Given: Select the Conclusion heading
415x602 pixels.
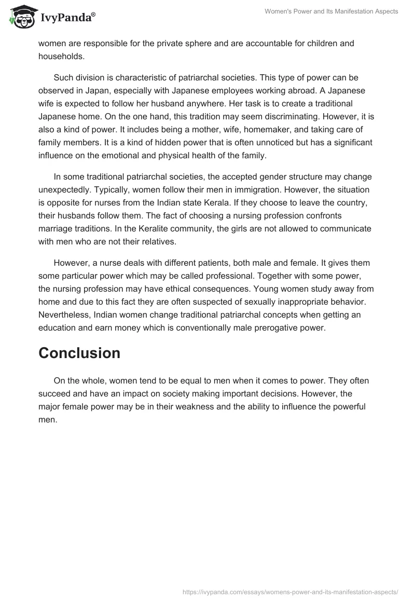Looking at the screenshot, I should point(79,353).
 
